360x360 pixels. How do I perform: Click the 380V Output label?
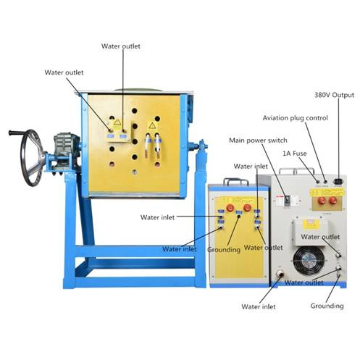point(334,95)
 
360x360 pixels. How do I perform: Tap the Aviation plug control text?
point(296,118)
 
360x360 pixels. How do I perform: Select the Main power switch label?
point(258,141)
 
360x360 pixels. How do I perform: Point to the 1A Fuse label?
point(295,154)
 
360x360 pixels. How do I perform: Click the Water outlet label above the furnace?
point(121,46)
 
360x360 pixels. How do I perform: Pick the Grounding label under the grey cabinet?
point(327,306)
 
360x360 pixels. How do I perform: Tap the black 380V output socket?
point(338,181)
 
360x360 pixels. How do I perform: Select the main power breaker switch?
point(287,200)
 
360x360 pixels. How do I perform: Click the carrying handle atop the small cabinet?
point(236,181)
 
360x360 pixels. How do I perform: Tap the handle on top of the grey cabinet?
point(296,171)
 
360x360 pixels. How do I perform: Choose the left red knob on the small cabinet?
point(230,207)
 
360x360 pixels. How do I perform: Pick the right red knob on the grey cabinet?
point(332,200)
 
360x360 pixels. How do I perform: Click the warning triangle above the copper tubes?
point(152,125)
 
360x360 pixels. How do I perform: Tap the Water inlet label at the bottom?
point(259,306)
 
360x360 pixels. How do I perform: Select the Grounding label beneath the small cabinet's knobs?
point(224,250)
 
